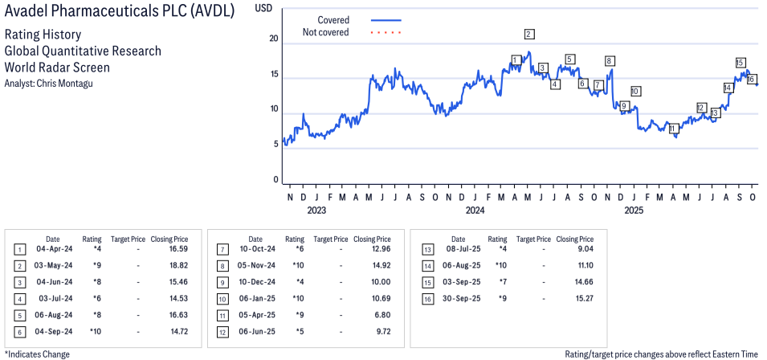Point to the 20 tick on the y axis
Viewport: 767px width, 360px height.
pyautogui.click(x=274, y=39)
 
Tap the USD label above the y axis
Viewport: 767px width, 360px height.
pyautogui.click(x=263, y=7)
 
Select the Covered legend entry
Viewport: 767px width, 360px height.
pyautogui.click(x=333, y=19)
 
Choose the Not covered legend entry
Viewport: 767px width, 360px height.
pyautogui.click(x=325, y=32)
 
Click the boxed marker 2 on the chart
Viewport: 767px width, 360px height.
pyautogui.click(x=528, y=34)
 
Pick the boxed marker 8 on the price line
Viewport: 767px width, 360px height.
pyautogui.click(x=610, y=61)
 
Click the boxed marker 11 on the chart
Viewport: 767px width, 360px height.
pyautogui.click(x=673, y=129)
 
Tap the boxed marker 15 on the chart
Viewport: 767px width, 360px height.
pyautogui.click(x=740, y=63)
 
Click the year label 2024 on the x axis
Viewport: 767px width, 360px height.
pyautogui.click(x=475, y=211)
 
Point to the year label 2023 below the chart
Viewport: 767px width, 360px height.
pyautogui.click(x=316, y=211)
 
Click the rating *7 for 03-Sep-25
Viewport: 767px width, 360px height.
pyautogui.click(x=503, y=281)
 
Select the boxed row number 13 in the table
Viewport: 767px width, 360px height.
pyautogui.click(x=426, y=250)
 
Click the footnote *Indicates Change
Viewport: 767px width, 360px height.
pyautogui.click(x=37, y=354)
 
